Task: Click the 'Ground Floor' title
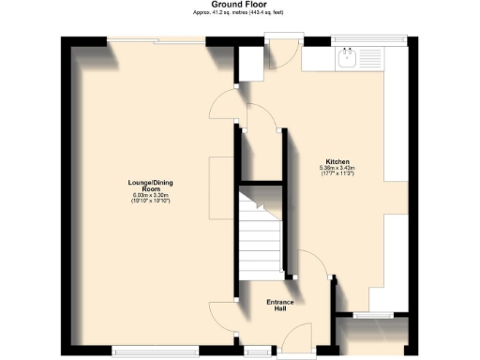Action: coord(239,5)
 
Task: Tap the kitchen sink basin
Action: coord(346,59)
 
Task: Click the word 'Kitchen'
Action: coord(337,160)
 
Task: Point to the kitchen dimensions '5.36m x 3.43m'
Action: coord(337,168)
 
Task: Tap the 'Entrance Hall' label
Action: coord(281,305)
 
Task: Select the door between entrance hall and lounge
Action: coord(222,314)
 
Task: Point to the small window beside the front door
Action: coord(253,352)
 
